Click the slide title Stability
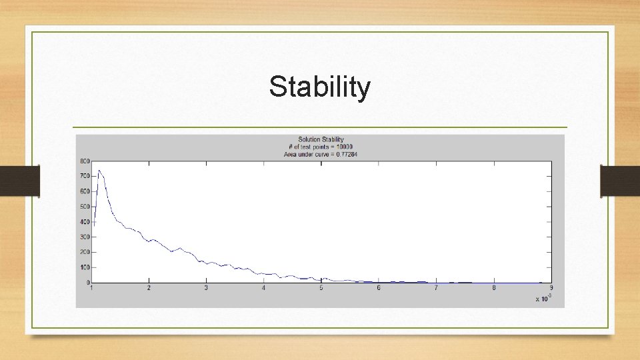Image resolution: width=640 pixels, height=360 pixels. (x=319, y=87)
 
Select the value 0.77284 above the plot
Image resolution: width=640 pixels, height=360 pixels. (x=344, y=154)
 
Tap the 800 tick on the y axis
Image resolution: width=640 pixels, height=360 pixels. (x=85, y=161)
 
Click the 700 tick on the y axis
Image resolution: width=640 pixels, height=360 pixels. (x=85, y=176)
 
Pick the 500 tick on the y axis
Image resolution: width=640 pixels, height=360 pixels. (x=85, y=207)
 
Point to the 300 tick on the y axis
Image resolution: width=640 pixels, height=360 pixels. (x=85, y=237)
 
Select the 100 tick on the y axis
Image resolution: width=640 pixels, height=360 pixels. (x=85, y=267)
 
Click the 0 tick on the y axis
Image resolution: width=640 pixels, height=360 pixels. (x=87, y=283)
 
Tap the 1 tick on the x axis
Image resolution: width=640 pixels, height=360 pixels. (x=92, y=288)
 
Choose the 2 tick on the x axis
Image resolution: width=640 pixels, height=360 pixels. (x=149, y=288)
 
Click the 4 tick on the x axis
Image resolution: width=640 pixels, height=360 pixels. (x=264, y=288)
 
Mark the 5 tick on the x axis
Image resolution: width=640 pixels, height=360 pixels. (x=321, y=288)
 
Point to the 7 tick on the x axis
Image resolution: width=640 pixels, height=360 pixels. (x=436, y=288)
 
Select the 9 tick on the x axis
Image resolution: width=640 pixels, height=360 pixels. (x=551, y=288)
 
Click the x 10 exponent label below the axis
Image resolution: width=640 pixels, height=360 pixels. (x=543, y=298)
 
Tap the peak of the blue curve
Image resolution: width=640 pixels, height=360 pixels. (x=99, y=171)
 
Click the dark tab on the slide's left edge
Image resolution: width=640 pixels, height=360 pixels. (x=19, y=181)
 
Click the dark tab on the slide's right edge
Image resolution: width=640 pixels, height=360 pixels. (x=620, y=181)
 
